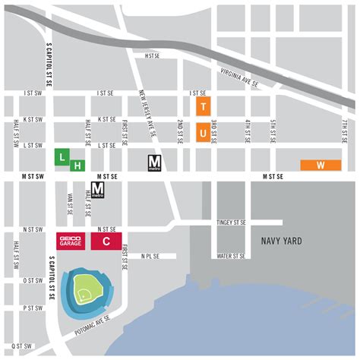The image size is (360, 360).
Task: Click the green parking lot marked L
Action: pos(62,156)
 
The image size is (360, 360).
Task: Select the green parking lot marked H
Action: pos(77,164)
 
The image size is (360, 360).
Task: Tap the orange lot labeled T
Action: pos(203,104)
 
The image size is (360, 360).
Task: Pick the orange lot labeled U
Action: pos(203,132)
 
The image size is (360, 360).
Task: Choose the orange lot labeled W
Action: pos(320,165)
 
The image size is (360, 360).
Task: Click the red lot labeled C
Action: pos(106,242)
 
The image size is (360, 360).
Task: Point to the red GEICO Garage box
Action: pos(71,242)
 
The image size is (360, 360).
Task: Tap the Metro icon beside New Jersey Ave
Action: pos(155,162)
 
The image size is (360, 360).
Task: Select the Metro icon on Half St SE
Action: pos(97,190)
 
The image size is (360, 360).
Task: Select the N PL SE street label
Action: pos(150,256)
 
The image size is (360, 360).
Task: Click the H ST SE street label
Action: pos(154,55)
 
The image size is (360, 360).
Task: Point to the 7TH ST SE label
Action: pos(344,131)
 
